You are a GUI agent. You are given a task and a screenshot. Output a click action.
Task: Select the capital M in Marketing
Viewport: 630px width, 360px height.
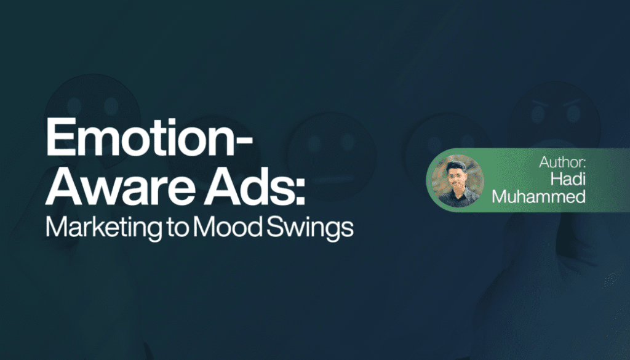(56, 226)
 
